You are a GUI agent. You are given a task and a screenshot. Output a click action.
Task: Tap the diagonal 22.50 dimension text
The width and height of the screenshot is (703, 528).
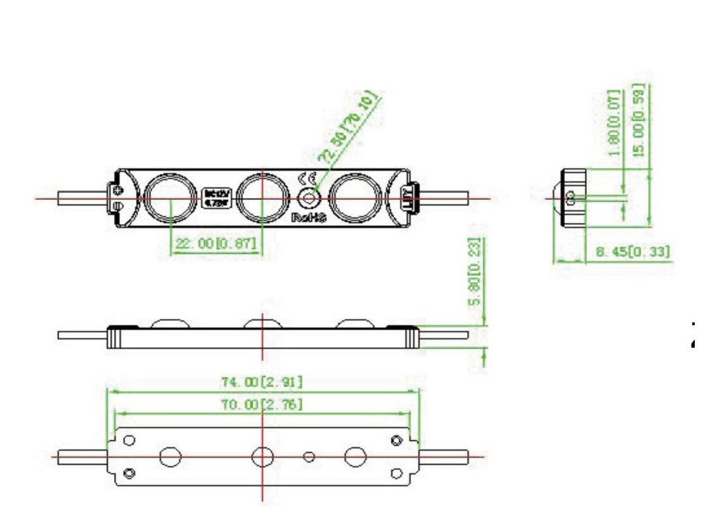pyautogui.click(x=351, y=129)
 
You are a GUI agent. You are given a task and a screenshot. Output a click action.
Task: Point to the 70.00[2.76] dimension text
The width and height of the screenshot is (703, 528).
pyautogui.click(x=262, y=405)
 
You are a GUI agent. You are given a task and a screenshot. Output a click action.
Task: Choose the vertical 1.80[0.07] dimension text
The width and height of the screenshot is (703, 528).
pyautogui.click(x=615, y=122)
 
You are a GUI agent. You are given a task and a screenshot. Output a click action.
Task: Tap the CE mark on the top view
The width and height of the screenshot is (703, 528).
pyautogui.click(x=306, y=178)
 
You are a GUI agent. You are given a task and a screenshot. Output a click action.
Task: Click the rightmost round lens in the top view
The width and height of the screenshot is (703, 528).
pyautogui.click(x=354, y=197)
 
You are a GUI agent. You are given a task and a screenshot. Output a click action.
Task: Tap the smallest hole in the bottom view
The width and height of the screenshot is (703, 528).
pyautogui.click(x=310, y=456)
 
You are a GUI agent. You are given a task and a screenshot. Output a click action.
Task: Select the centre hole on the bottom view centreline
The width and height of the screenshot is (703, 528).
pyautogui.click(x=262, y=456)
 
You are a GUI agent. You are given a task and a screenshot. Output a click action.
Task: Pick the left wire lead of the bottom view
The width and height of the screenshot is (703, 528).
pyautogui.click(x=81, y=456)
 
